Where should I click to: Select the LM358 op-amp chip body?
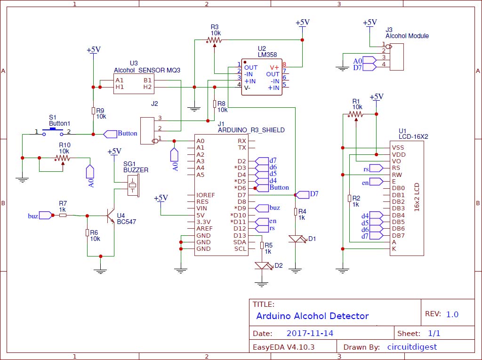click(x=262, y=77)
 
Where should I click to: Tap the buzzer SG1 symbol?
click(x=133, y=186)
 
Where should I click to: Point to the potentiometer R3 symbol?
click(x=215, y=40)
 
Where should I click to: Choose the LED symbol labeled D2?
click(x=262, y=266)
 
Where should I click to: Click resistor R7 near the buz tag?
click(x=63, y=216)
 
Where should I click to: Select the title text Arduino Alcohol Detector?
click(x=312, y=316)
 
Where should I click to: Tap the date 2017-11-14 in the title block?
click(x=310, y=333)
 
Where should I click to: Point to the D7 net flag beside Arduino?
click(x=302, y=194)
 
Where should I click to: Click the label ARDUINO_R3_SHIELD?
click(x=251, y=130)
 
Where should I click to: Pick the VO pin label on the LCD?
click(x=396, y=161)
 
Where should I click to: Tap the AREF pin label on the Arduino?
click(x=205, y=229)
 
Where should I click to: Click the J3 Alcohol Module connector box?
click(x=397, y=57)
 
